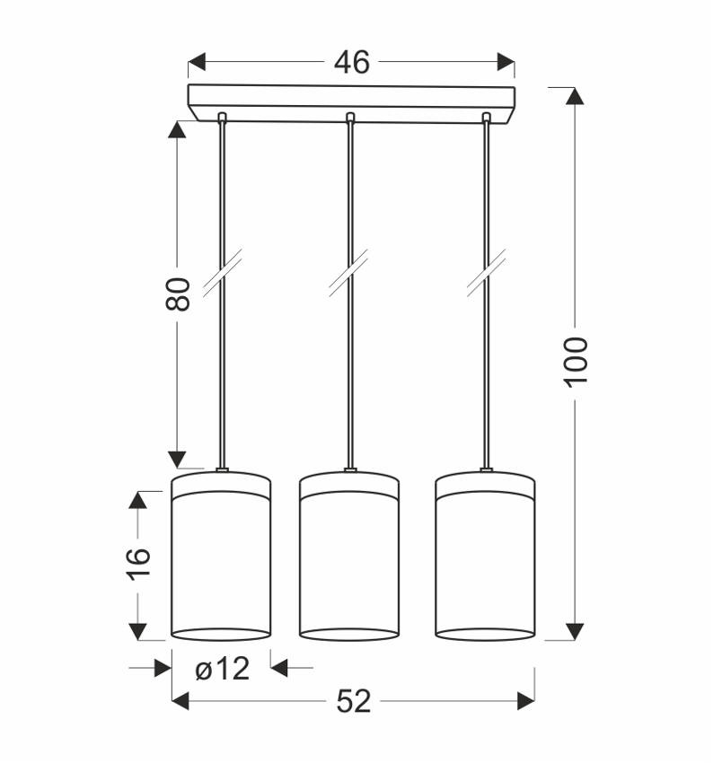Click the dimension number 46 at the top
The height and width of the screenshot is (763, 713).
[x=351, y=62]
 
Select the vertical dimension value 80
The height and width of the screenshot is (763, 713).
[x=179, y=294]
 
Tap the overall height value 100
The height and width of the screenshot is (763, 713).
[x=576, y=361]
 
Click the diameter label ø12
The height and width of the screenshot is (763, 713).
[x=221, y=668]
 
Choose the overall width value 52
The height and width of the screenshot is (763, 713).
[x=354, y=701]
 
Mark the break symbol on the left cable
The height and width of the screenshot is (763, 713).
[x=221, y=273]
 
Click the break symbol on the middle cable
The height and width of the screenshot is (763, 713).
[x=349, y=273]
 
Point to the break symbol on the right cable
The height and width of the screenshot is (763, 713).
[x=486, y=273]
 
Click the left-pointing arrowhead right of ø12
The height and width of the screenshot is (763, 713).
[x=279, y=667]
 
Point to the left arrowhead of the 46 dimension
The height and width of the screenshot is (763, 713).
[x=197, y=62]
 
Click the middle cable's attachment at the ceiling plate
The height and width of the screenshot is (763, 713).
[x=350, y=117]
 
